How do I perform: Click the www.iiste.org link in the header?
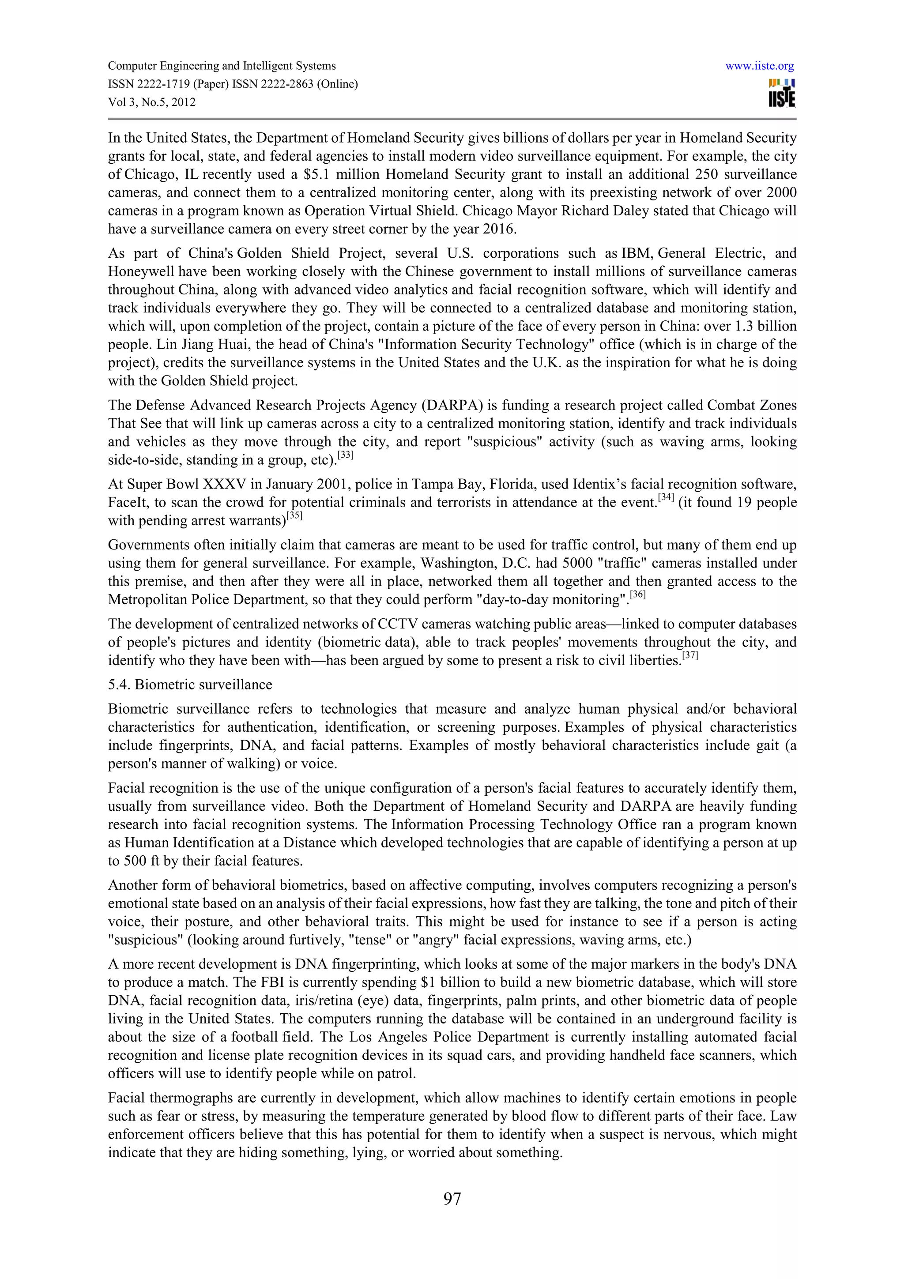pos(760,66)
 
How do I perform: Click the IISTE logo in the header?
pos(782,94)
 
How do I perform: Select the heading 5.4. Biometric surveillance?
pos(190,685)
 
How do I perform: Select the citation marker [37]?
pos(689,656)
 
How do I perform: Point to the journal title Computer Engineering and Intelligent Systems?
pos(222,66)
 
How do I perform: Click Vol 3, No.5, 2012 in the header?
pos(151,102)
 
